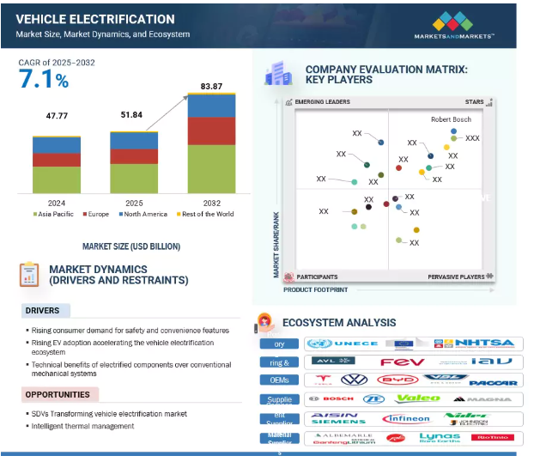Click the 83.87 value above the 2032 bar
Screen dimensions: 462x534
point(211,86)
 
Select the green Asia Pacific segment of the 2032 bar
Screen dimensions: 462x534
point(211,168)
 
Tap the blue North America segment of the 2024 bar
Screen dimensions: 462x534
point(58,145)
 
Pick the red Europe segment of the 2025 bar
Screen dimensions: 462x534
point(134,156)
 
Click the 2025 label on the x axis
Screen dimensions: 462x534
point(134,203)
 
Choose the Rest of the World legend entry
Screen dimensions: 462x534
point(205,215)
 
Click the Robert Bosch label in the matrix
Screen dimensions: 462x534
point(451,119)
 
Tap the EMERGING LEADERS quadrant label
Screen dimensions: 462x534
point(323,101)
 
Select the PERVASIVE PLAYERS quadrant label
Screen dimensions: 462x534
point(457,277)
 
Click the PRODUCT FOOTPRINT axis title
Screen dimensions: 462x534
point(316,290)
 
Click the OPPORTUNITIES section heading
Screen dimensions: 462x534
point(58,395)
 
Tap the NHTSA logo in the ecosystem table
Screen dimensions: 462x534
point(486,343)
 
